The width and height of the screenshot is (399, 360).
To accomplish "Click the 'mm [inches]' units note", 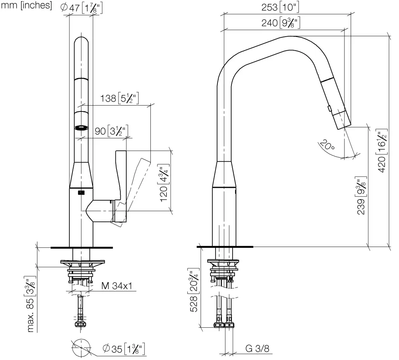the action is pos(26,5).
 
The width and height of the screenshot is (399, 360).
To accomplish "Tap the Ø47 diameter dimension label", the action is pos(81,8).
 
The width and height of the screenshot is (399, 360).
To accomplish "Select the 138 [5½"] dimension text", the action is pos(119,98).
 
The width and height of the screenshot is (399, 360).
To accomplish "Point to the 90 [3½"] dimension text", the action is pos(111,131).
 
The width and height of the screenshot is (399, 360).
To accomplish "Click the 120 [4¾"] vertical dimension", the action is pos(164,183).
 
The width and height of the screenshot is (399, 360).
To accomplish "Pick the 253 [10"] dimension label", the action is pos(280,7).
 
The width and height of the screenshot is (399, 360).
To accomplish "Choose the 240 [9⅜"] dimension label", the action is pos(281,23).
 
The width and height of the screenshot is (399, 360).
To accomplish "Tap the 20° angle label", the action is pos(327,145).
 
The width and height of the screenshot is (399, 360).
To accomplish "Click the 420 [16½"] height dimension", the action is pos(382,151).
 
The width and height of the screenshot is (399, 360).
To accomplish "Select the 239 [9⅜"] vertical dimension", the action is pos(361,196).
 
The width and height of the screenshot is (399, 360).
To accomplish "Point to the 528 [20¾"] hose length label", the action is pos(193,290).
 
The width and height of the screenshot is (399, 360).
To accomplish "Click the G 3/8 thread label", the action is pos(257,348).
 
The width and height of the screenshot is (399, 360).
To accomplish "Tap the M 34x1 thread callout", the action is pos(117,286).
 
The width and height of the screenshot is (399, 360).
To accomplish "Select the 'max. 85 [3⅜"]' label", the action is pos(30,304).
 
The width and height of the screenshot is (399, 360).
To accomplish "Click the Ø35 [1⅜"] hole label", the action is pos(124,348).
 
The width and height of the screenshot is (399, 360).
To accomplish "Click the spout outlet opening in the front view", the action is pos(81,128).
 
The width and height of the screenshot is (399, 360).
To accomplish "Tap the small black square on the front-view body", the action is pos(81,192).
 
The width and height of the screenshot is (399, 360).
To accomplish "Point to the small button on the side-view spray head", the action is pos(330,109).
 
